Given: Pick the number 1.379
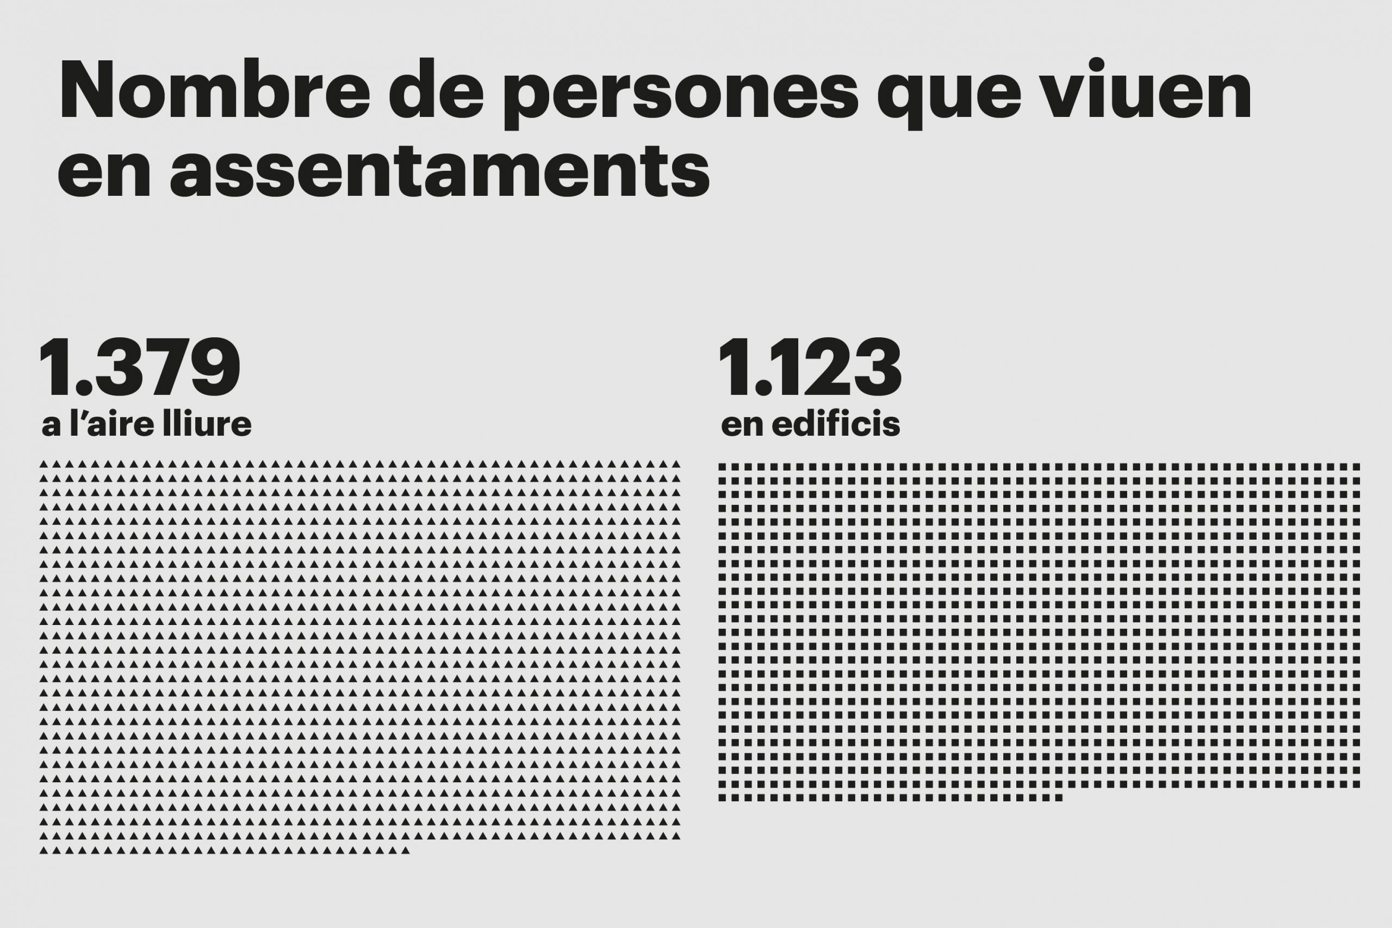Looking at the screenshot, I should pos(140,368).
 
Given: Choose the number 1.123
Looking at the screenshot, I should pos(809,368).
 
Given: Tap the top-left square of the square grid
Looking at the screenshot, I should pos(722,467).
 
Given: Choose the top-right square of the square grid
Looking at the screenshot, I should pos(1357,467).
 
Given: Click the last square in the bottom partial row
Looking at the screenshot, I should pos(1060,798).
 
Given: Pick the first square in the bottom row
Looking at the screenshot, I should pos(722,798).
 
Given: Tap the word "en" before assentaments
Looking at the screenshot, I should pos(104,172).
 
